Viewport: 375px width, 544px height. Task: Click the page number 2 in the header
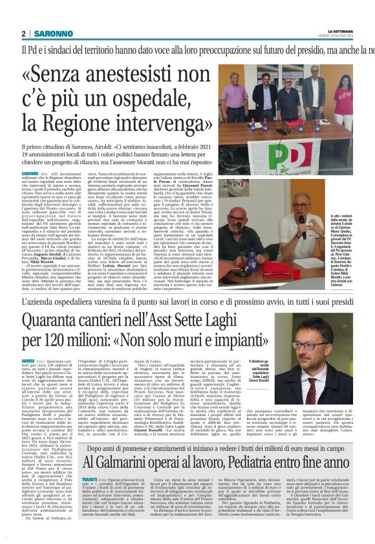(23, 34)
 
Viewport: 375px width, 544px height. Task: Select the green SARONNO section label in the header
(48, 34)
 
